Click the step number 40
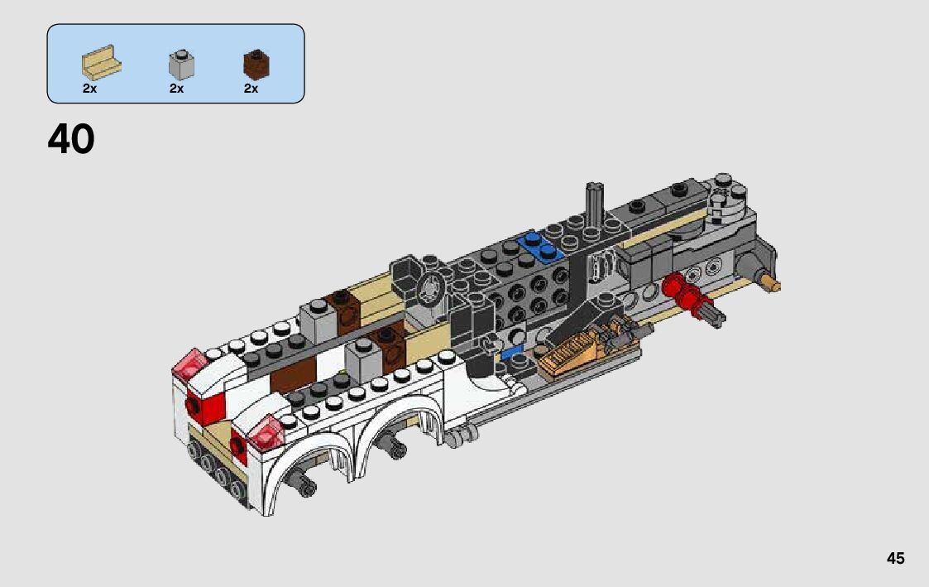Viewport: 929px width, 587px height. tap(71, 139)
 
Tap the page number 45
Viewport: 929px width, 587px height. tap(895, 559)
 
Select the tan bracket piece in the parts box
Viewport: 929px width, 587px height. tap(101, 62)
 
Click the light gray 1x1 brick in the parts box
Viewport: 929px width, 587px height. tap(181, 65)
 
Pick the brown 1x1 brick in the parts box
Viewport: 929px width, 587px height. tap(256, 64)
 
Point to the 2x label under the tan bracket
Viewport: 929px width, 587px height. tap(89, 89)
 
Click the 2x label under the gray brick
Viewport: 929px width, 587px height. tap(176, 89)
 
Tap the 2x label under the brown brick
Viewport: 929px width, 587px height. tap(251, 89)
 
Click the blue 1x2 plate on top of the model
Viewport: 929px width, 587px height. tap(540, 247)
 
